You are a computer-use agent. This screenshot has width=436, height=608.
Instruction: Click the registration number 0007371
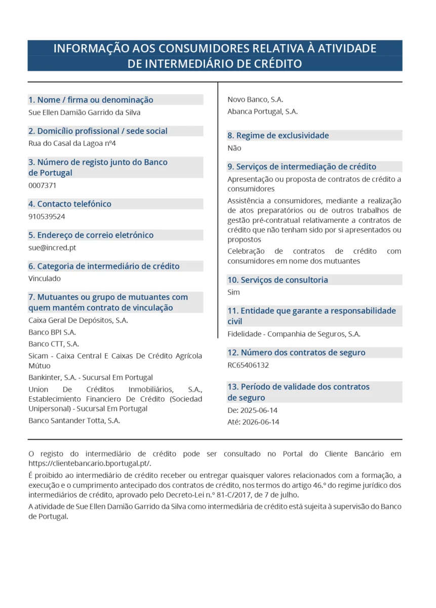click(43, 185)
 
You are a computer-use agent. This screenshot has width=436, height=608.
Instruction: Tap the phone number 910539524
click(47, 216)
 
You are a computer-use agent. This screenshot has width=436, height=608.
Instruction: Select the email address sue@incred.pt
click(52, 248)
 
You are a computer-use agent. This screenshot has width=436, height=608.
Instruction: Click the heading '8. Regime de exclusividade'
click(278, 135)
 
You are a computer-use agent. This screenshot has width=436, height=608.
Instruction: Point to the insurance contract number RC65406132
click(248, 365)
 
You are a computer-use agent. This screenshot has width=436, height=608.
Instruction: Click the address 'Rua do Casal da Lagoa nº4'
click(72, 143)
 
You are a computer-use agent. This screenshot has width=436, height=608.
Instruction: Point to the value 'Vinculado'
click(45, 279)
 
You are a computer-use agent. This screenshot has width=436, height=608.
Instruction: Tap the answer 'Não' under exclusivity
click(234, 148)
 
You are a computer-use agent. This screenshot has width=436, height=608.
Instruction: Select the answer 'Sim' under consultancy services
click(234, 292)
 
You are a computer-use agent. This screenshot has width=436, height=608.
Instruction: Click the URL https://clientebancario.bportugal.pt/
click(90, 463)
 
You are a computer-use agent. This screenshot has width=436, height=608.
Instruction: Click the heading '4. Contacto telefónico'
click(69, 204)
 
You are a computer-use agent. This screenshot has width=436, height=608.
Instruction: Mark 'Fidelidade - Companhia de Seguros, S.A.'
click(294, 334)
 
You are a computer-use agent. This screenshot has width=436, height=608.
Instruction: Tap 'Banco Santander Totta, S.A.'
click(74, 420)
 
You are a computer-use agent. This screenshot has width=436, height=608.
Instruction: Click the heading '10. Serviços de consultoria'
click(278, 280)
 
